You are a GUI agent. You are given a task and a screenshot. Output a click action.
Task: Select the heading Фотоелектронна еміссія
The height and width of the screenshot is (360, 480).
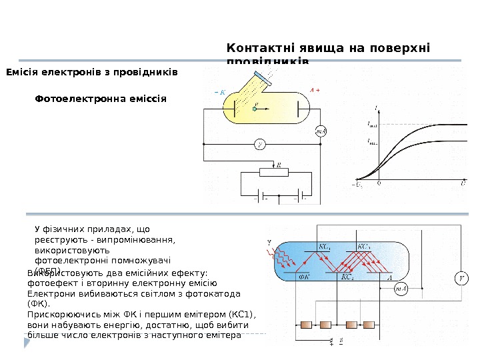[x=100, y=97]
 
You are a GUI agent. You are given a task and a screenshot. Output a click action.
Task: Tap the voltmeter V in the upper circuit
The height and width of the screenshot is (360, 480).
[x=261, y=144]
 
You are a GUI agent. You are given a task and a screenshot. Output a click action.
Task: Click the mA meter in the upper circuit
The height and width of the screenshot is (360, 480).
[x=321, y=131]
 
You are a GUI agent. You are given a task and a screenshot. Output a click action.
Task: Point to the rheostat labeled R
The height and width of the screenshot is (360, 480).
[x=273, y=172]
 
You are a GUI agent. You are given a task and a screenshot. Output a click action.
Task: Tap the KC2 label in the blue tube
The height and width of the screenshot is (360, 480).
[x=347, y=277]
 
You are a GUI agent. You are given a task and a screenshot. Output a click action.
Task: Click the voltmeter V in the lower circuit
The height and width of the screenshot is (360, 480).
[x=459, y=278]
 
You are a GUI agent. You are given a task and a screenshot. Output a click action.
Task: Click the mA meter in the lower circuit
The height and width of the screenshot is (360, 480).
[x=401, y=289]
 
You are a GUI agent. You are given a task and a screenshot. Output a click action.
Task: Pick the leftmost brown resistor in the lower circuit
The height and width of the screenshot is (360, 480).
[x=307, y=325]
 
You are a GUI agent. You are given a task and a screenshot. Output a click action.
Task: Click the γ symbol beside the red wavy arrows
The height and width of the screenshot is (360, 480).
[x=269, y=241]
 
